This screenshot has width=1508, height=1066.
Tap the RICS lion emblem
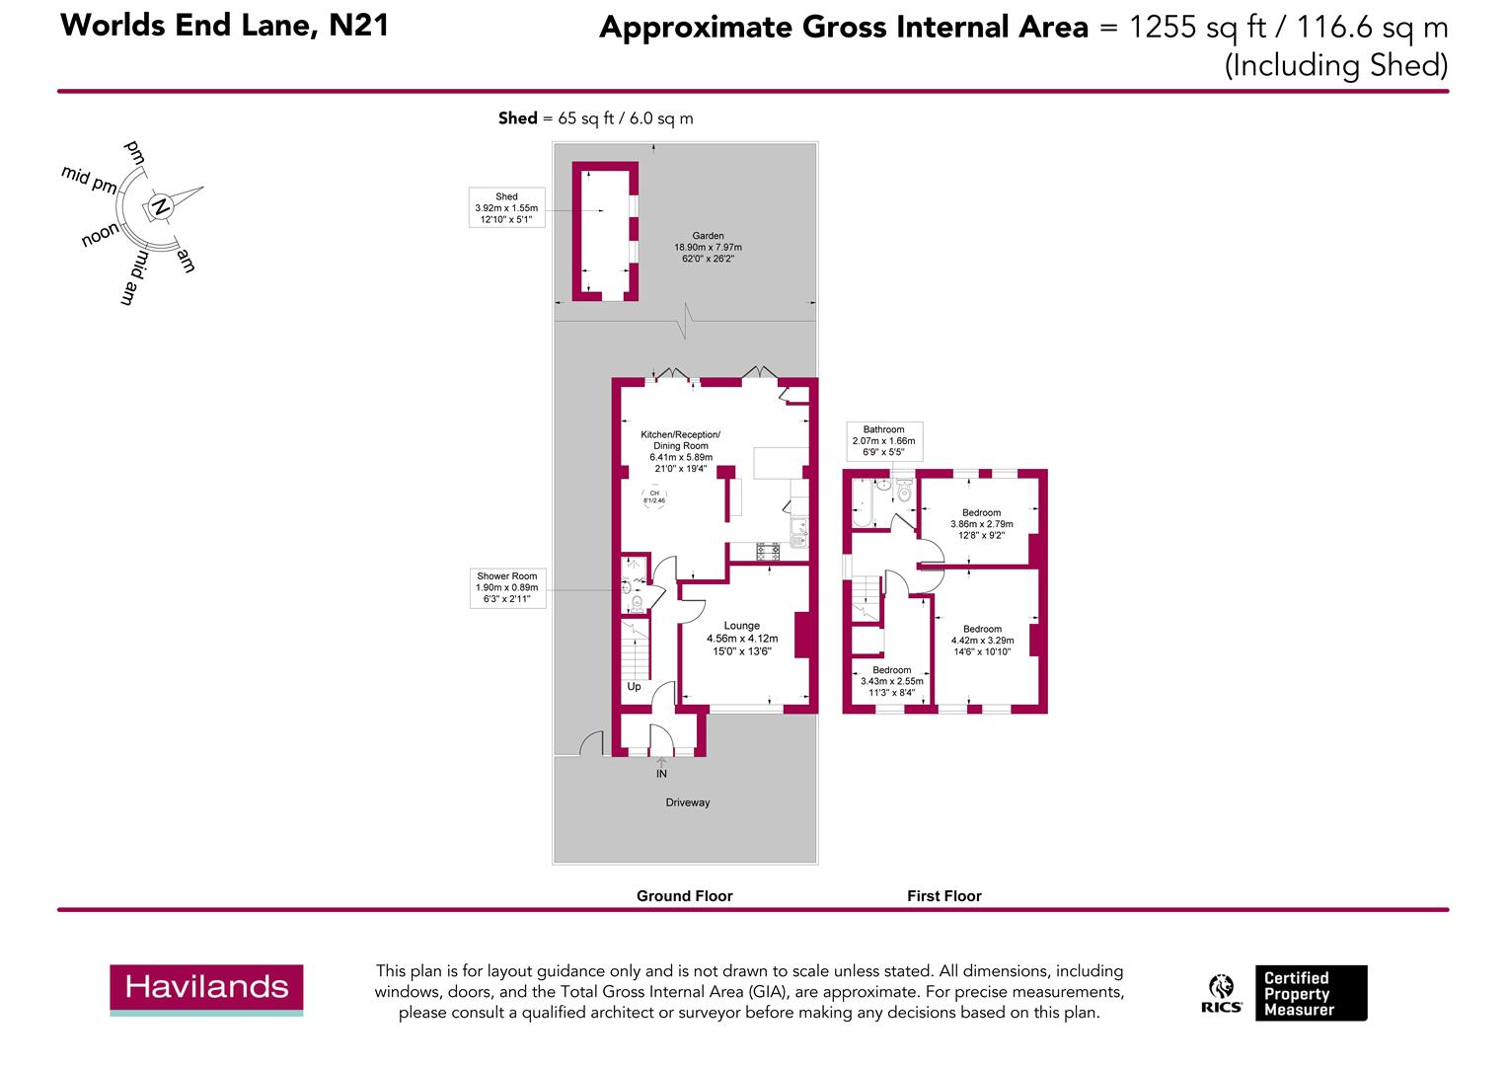[1221, 986]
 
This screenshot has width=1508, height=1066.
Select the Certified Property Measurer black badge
[1311, 993]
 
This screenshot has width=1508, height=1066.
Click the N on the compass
[160, 206]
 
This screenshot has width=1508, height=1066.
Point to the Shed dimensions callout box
[506, 207]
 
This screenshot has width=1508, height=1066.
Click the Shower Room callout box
[507, 588]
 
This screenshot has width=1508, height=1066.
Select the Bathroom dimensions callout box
[884, 441]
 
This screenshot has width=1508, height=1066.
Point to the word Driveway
[687, 802]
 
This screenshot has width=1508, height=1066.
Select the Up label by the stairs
[634, 687]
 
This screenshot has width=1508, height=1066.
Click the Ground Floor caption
[684, 895]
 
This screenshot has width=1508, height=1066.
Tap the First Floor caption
[943, 895]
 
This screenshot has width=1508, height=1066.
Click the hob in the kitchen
[768, 552]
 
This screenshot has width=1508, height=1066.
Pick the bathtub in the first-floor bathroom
[863, 503]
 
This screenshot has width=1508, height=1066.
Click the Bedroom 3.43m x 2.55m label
[891, 681]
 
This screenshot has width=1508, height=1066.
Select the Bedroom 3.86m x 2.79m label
[982, 524]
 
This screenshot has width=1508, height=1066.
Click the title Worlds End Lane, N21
[225, 26]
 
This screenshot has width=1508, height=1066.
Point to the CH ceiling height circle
[654, 496]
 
